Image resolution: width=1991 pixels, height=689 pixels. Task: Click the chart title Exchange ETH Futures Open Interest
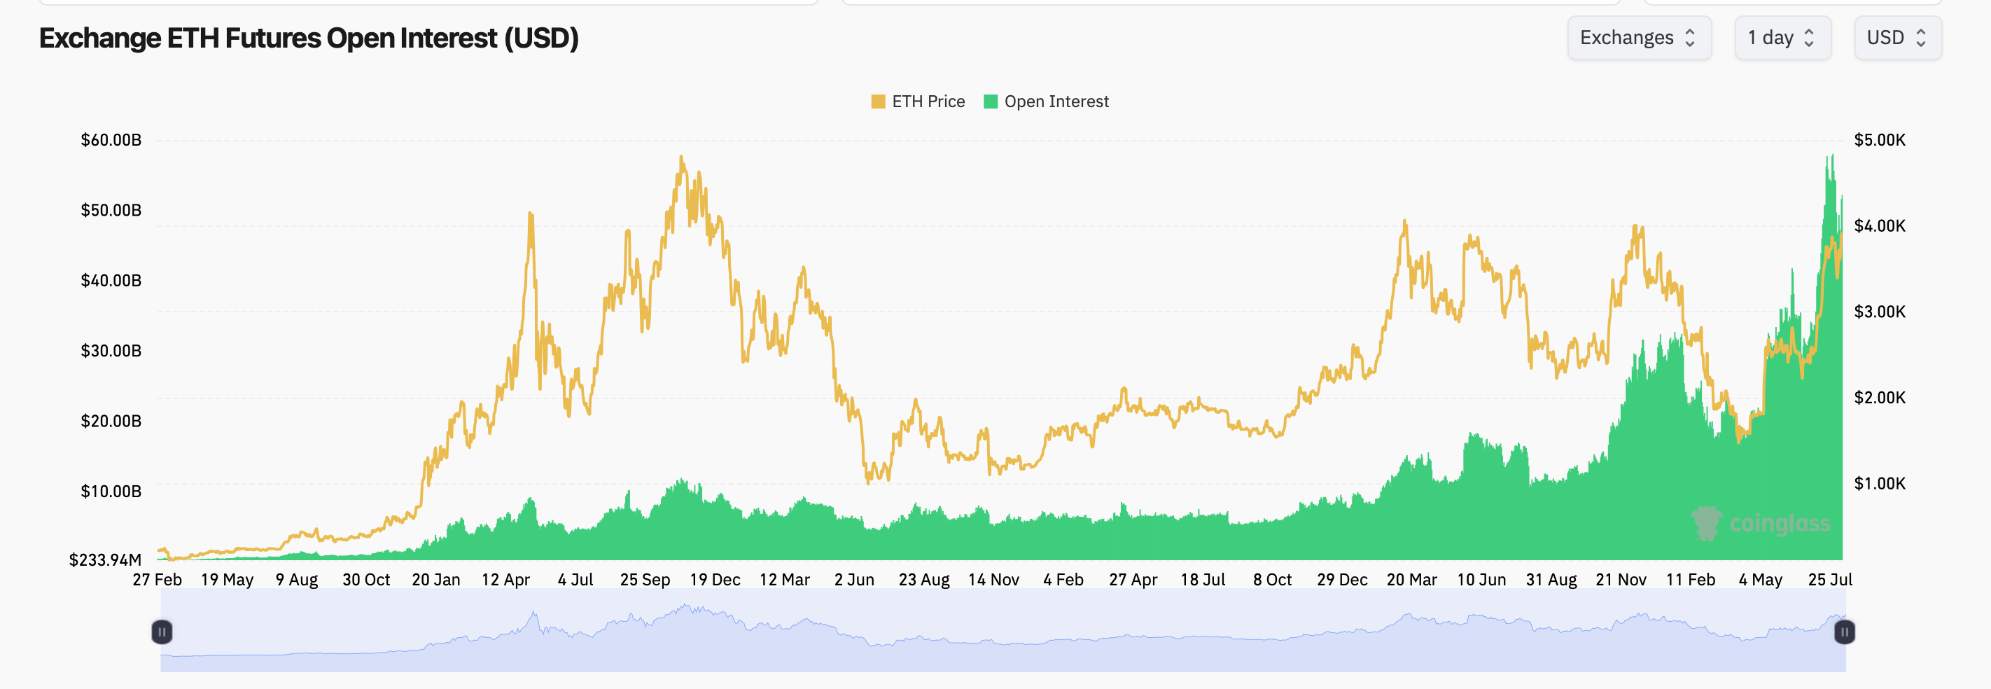[309, 39]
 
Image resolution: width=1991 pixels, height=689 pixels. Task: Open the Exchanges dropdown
[1637, 38]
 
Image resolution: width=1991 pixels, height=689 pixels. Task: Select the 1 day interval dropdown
[1781, 38]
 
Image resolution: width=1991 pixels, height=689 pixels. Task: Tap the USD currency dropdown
[1896, 38]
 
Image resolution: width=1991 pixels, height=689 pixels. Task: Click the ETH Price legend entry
[918, 102]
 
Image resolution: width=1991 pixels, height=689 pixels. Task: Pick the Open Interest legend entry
[1047, 102]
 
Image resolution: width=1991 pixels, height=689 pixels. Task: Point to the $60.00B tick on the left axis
[111, 140]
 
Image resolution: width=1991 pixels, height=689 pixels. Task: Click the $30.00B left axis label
[111, 350]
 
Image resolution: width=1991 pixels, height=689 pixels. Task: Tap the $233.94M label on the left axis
[105, 559]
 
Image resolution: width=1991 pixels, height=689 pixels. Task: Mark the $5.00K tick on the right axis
[1879, 140]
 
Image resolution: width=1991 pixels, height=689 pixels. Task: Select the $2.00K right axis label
[1879, 398]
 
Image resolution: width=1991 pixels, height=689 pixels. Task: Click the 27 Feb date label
[157, 579]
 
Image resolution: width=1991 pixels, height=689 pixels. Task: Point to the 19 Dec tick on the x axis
[715, 579]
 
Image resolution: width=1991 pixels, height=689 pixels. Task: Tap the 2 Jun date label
[854, 579]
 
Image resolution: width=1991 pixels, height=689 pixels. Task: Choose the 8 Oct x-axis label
[1272, 579]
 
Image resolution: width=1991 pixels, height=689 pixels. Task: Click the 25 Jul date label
[1829, 579]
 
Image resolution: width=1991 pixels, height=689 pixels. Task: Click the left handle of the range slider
[162, 632]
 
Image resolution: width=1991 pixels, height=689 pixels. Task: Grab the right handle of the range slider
[1844, 632]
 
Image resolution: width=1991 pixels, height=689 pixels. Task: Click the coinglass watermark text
[1779, 524]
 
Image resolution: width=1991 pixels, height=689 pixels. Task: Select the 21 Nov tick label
[1621, 579]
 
